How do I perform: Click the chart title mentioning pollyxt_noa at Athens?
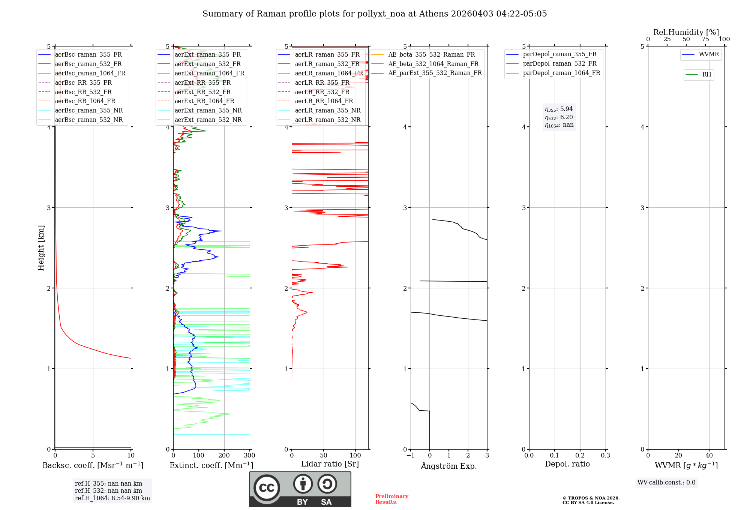pos(375,14)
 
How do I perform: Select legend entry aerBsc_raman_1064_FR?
pos(90,73)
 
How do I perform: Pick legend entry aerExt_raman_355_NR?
pos(208,110)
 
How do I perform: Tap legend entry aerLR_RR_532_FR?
pos(322,92)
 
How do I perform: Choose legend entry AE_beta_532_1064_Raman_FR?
pos(433,64)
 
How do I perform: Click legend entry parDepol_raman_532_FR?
pos(559,64)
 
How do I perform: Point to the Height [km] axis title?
pos(41,248)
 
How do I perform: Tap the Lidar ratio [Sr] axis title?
pos(330,464)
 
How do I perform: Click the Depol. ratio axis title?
pos(567,464)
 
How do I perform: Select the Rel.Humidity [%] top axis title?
pos(686,32)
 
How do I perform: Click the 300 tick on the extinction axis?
pos(249,456)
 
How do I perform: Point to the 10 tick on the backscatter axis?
pos(131,456)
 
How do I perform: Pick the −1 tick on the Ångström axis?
pos(410,456)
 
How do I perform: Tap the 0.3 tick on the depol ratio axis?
pos(605,456)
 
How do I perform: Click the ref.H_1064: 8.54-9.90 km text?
pos(112,498)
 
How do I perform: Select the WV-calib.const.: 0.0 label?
pos(666,483)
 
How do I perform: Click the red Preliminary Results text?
pos(391,499)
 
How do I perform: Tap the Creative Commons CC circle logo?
pos(267,487)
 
